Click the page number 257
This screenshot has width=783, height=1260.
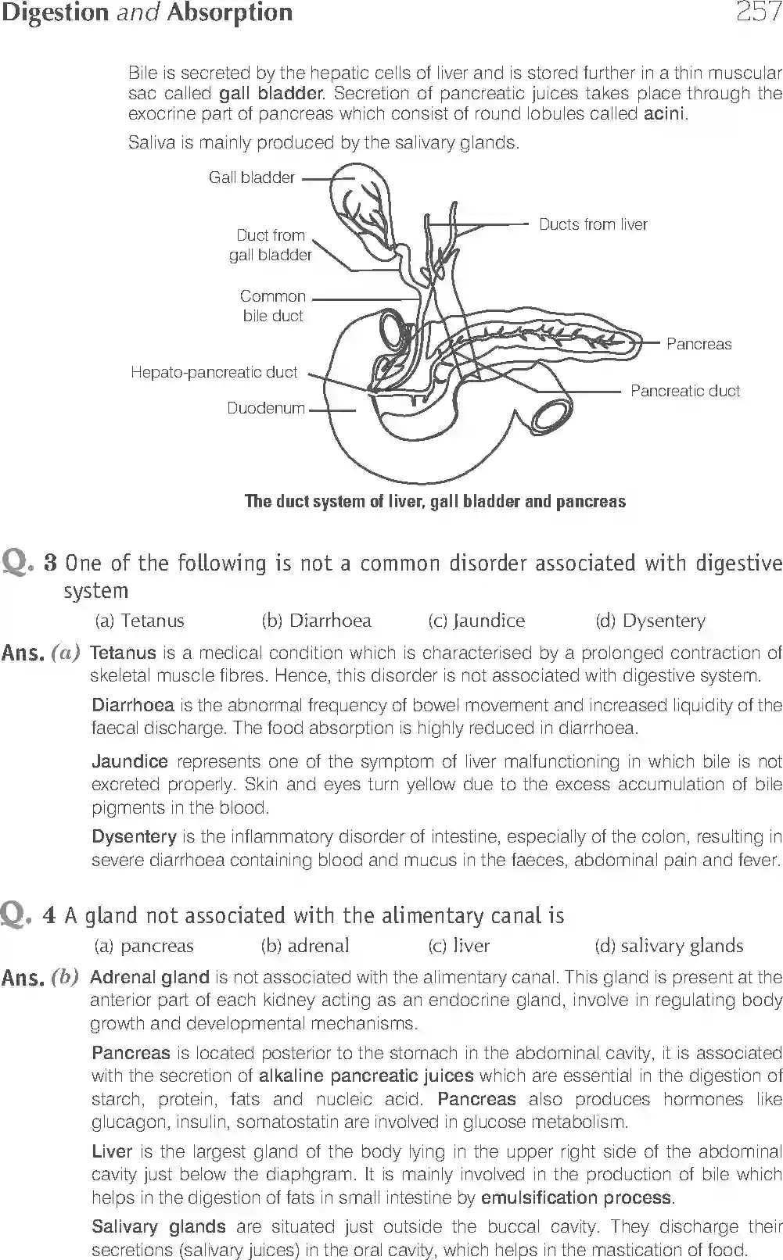pyautogui.click(x=758, y=13)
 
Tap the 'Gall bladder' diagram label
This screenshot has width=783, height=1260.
pyautogui.click(x=251, y=177)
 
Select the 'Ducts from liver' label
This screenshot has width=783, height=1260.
pyautogui.click(x=593, y=224)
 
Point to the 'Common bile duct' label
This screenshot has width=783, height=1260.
pyautogui.click(x=272, y=306)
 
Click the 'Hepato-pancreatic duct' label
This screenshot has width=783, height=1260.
pyautogui.click(x=214, y=372)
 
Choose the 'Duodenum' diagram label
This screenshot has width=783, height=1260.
pyautogui.click(x=265, y=408)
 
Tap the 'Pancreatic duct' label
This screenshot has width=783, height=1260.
pyautogui.click(x=684, y=391)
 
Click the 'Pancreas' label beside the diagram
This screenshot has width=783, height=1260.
pyautogui.click(x=699, y=344)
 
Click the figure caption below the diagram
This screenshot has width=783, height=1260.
pyautogui.click(x=435, y=501)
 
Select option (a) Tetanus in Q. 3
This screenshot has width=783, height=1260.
pyautogui.click(x=139, y=621)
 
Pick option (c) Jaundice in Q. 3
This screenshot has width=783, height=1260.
pyautogui.click(x=476, y=621)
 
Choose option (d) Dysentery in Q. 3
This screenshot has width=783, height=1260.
pyautogui.click(x=650, y=621)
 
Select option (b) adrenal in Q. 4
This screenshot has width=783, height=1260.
pyautogui.click(x=305, y=946)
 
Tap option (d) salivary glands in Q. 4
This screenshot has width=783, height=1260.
pyautogui.click(x=669, y=946)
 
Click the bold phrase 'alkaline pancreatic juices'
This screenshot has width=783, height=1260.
pyautogui.click(x=366, y=1076)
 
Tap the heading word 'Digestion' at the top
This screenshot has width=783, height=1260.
pyautogui.click(x=54, y=13)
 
